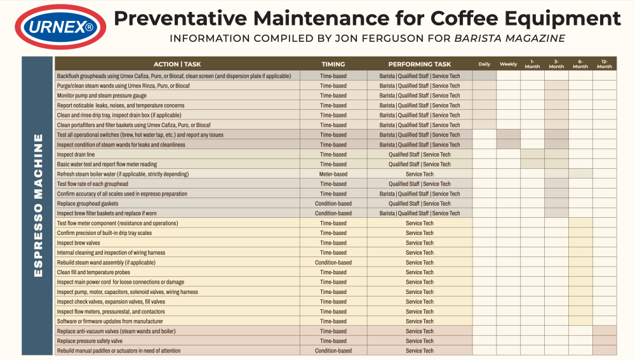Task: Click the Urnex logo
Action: pyautogui.click(x=57, y=27)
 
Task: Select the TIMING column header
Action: pyautogui.click(x=333, y=64)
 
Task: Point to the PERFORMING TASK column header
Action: pyautogui.click(x=420, y=64)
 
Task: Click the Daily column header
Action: pyautogui.click(x=485, y=64)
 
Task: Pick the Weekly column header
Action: pyautogui.click(x=509, y=64)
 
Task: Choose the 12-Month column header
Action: pyautogui.click(x=605, y=64)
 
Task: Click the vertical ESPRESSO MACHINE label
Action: pyautogui.click(x=38, y=204)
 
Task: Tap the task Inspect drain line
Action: pyautogui.click(x=76, y=154)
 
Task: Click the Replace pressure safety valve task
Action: pyautogui.click(x=90, y=341)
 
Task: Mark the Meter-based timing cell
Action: pyautogui.click(x=333, y=174)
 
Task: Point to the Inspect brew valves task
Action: pyautogui.click(x=79, y=243)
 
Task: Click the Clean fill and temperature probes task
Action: pyautogui.click(x=94, y=272)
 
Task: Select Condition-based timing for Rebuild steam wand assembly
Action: pyautogui.click(x=333, y=262)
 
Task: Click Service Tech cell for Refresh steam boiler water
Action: pyautogui.click(x=420, y=174)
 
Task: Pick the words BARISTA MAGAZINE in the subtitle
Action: pyautogui.click(x=509, y=39)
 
